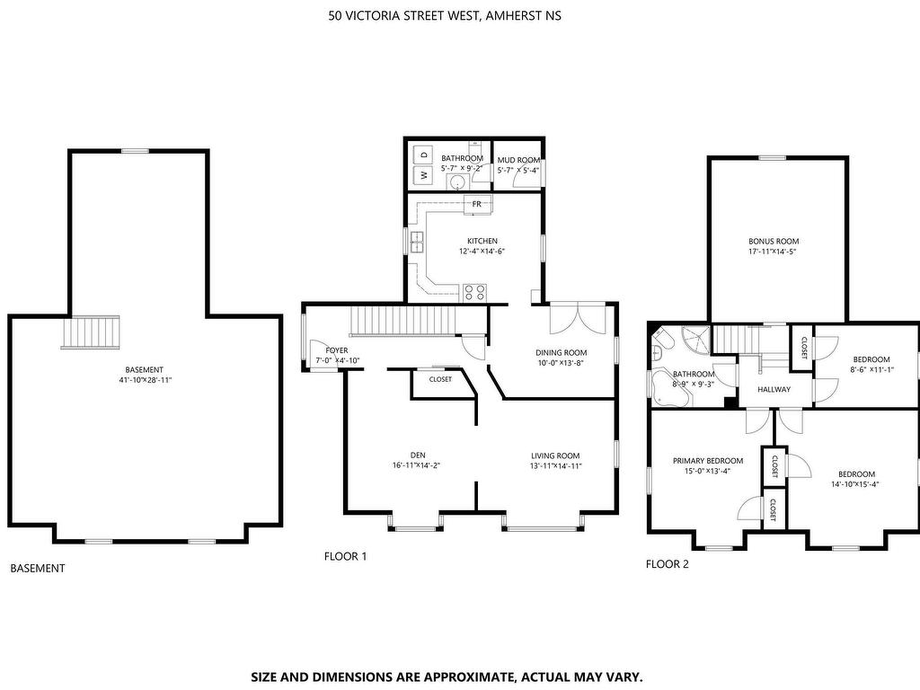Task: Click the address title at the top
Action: point(445,16)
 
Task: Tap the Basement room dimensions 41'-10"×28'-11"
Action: point(145,380)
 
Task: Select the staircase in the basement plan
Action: point(91,332)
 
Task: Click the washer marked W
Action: point(423,175)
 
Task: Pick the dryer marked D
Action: point(423,155)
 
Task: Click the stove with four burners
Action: point(474,292)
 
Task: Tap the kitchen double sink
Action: point(417,241)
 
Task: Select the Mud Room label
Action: point(518,160)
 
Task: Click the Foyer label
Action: point(337,350)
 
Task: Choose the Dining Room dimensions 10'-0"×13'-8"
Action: point(562,363)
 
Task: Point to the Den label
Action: point(418,455)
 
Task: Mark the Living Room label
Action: point(555,456)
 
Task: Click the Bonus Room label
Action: point(774,241)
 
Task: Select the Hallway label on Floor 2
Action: point(774,389)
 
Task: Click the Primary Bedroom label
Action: point(708,461)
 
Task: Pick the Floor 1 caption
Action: point(345,556)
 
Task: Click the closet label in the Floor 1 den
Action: point(440,379)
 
